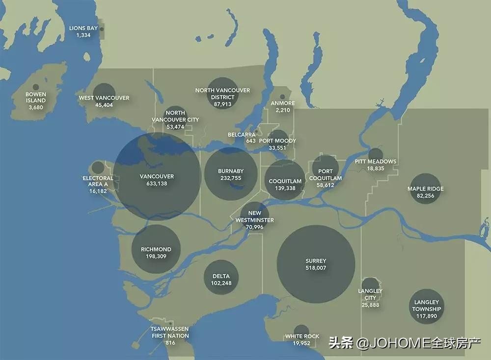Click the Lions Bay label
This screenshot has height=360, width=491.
[83, 28]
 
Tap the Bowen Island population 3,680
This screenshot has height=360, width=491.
[36, 107]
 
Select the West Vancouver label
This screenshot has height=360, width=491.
[104, 98]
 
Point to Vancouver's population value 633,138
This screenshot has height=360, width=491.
[157, 184]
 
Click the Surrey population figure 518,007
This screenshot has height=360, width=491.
[316, 268]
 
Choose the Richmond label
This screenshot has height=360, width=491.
[156, 249]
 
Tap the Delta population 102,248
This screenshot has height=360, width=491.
[221, 283]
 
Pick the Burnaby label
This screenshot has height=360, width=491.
[231, 171]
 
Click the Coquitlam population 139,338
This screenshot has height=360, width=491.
[285, 188]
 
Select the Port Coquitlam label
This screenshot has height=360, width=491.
[325, 175]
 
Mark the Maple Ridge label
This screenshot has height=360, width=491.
[425, 189]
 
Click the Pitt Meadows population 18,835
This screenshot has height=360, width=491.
[376, 168]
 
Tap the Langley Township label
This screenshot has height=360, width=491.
[426, 305]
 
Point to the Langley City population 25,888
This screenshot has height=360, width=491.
[370, 305]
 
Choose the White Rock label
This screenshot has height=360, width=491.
[302, 336]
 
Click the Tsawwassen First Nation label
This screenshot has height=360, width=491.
[170, 332]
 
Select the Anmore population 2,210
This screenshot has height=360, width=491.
[283, 111]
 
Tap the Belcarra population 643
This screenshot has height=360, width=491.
[251, 141]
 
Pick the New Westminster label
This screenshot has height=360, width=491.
[254, 217]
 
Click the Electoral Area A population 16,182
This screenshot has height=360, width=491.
[98, 191]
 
